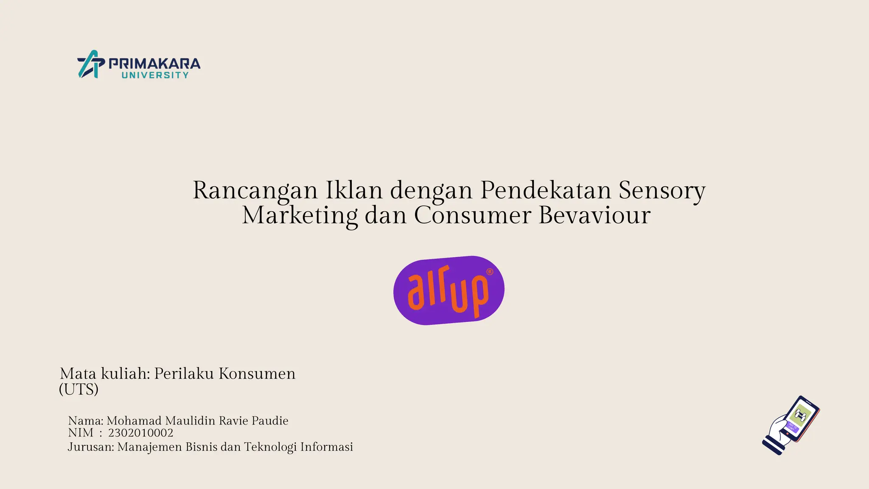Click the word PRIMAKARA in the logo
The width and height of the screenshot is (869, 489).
[x=154, y=64]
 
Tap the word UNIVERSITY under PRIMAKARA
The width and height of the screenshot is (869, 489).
[x=155, y=75]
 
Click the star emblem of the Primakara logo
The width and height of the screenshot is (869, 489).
[x=91, y=65]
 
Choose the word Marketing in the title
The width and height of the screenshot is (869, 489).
[x=300, y=215]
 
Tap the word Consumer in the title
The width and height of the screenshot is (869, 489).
[x=472, y=215]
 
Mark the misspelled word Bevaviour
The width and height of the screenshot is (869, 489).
[x=594, y=215]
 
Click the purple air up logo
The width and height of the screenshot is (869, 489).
[x=449, y=290]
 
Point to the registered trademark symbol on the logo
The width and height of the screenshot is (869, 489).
[x=489, y=272]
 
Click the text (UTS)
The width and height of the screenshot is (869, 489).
[x=79, y=389]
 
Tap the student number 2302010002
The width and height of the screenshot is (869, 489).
[x=140, y=433]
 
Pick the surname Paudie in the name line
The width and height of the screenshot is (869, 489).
[x=270, y=421]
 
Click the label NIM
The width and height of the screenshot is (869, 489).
[x=80, y=433]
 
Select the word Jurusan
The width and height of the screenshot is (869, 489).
[x=90, y=447]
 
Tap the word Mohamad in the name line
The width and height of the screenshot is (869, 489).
[x=134, y=421]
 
